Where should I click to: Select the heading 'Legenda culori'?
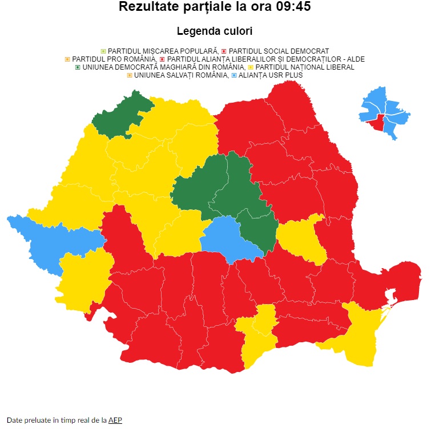(215, 31)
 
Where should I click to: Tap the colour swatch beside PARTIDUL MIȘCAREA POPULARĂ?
(103, 51)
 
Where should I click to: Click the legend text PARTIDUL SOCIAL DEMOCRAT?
(279, 51)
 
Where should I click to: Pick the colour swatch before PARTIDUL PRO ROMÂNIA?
(68, 59)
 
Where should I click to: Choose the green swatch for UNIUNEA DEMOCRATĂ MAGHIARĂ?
(78, 67)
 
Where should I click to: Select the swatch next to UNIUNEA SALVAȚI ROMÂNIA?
(130, 75)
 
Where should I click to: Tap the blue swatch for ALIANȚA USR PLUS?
(234, 75)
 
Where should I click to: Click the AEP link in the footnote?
(115, 420)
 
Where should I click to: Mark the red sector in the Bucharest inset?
(375, 122)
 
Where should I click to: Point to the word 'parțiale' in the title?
(215, 7)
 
